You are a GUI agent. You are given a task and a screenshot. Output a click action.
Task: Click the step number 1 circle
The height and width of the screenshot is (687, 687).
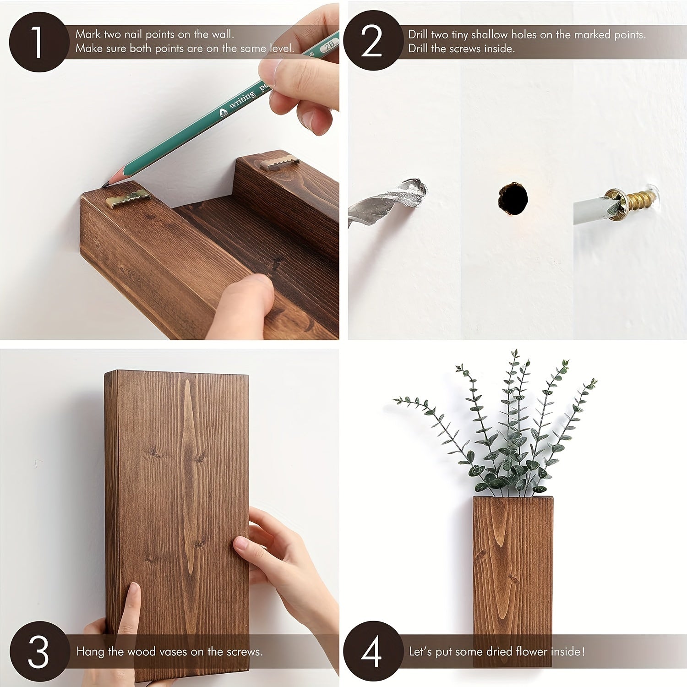pyautogui.click(x=38, y=42)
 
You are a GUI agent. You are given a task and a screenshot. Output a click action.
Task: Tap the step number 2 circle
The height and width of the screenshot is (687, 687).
pyautogui.click(x=372, y=41)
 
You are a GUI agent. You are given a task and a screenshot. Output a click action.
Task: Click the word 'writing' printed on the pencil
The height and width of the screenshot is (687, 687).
pyautogui.click(x=243, y=99)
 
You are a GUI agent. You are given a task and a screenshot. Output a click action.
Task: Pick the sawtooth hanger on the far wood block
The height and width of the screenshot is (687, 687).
pyautogui.click(x=279, y=163)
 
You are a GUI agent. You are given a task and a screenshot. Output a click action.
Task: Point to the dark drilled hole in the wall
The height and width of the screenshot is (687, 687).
pyautogui.click(x=513, y=198)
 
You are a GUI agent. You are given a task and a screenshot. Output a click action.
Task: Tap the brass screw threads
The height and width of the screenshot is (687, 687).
pyautogui.click(x=639, y=198)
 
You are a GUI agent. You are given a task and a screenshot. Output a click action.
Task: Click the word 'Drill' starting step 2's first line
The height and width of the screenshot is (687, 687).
pyautogui.click(x=419, y=35)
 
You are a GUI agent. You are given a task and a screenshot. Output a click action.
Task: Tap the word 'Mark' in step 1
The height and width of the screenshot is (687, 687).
pyautogui.click(x=88, y=34)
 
